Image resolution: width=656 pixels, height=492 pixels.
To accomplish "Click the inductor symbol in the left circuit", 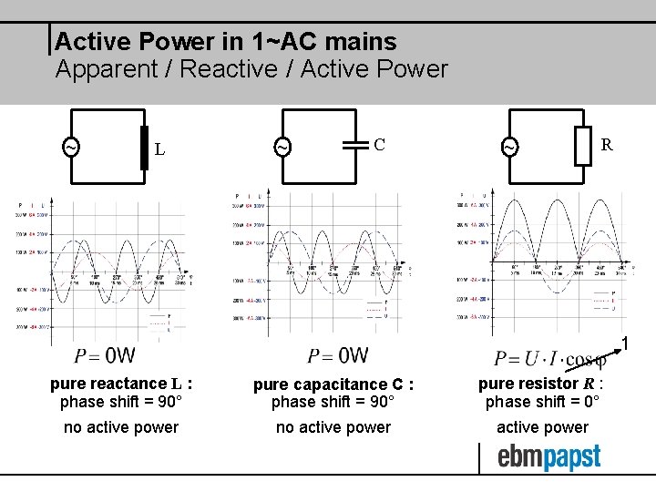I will [x=143, y=148].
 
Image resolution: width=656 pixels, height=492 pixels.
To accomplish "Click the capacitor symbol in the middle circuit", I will [x=352, y=144].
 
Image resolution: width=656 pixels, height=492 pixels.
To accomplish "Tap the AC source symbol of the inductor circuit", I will [x=69, y=147].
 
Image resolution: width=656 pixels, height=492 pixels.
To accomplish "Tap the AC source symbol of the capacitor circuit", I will [x=282, y=147].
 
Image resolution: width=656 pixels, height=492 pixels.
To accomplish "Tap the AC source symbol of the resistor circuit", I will [x=510, y=147].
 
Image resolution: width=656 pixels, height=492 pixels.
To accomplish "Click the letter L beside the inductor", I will [x=159, y=149].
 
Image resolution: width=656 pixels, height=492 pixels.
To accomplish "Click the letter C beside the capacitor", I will [x=380, y=144].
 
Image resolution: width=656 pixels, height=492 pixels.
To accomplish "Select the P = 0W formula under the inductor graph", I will [x=105, y=355].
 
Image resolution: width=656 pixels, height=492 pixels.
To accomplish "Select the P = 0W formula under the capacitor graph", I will [x=337, y=355].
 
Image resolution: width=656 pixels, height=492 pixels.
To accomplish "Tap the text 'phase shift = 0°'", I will [x=542, y=402].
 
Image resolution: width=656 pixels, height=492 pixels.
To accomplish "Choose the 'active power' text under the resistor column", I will [x=542, y=427].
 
